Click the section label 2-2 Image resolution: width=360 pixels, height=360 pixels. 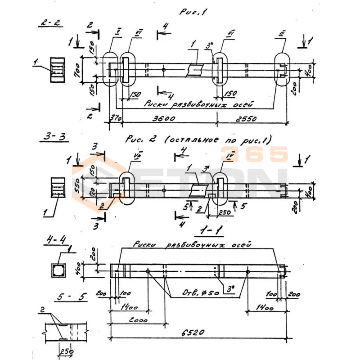pos(49,23)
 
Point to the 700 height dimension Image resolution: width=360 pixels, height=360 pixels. pos(77,69)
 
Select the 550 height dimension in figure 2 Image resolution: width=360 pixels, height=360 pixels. pos(77,185)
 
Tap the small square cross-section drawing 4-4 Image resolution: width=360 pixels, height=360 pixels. pos(58,270)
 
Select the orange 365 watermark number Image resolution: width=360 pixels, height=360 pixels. pos(254,154)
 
